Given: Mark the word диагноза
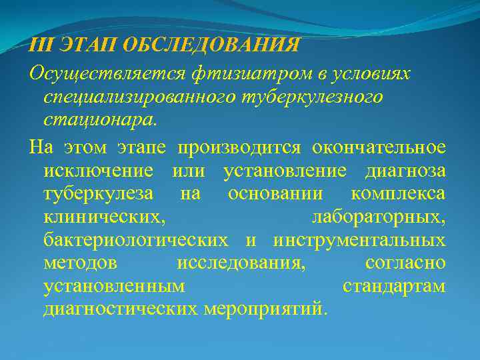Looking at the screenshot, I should point(405,171).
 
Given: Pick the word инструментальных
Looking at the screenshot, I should point(359,241).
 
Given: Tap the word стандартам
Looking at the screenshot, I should point(394,287).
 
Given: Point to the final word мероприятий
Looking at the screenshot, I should point(267,310).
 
